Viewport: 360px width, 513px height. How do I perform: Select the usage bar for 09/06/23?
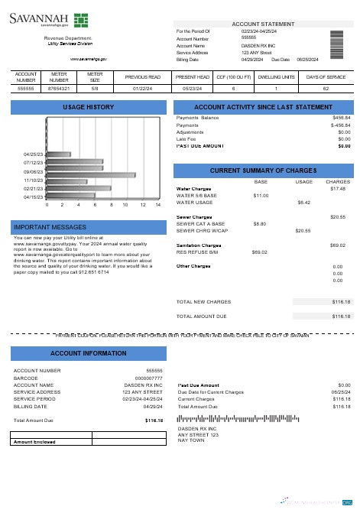point(92,174)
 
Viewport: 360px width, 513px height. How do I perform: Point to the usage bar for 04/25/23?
point(59,154)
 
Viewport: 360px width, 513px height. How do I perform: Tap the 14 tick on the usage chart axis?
point(158,205)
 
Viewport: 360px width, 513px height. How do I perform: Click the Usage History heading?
point(88,107)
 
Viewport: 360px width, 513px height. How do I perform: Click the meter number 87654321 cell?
point(59,89)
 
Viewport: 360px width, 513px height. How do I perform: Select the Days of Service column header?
point(326,76)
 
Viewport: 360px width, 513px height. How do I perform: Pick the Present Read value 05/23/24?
point(193,89)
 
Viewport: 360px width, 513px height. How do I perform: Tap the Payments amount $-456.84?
point(340,125)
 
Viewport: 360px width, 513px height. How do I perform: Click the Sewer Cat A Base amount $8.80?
point(259,223)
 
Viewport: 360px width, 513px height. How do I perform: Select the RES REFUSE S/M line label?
point(197,251)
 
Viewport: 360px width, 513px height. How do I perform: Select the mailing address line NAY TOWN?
point(190,440)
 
